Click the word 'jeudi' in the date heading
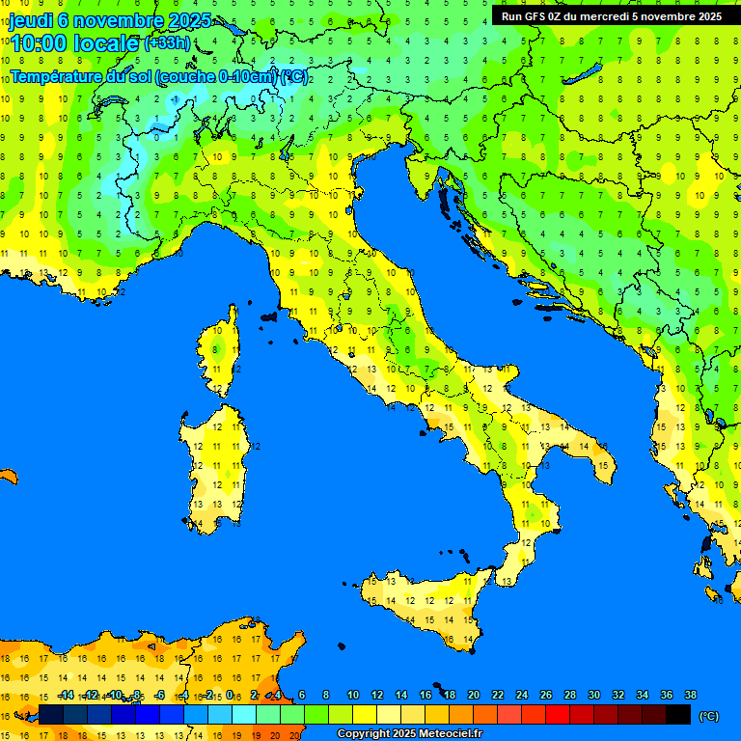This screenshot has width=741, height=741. (x=30, y=20)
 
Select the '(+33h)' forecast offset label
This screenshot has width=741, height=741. (x=167, y=42)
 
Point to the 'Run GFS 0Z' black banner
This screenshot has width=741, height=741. (x=611, y=15)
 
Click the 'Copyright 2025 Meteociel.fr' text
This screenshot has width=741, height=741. (x=409, y=733)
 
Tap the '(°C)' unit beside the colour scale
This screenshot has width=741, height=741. (x=708, y=715)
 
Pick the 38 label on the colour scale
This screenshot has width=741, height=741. (x=691, y=695)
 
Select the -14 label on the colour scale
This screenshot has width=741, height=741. (x=65, y=695)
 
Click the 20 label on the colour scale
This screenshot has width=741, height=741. (x=473, y=695)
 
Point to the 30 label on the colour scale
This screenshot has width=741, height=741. (x=593, y=695)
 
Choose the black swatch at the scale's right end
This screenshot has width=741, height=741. (x=678, y=714)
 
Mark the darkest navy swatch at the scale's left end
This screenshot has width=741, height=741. (x=51, y=714)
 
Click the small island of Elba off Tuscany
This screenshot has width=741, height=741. (x=269, y=316)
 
